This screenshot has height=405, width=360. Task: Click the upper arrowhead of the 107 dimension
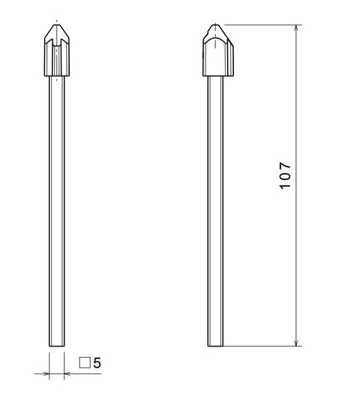tap(298, 29)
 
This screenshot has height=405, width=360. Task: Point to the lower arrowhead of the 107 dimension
tap(298, 341)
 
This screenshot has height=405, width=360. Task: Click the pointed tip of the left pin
tap(57, 23)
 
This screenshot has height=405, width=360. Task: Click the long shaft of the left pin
tap(57, 210)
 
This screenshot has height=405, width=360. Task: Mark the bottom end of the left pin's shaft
tap(57, 346)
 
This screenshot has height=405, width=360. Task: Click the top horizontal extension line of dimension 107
tap(262, 25)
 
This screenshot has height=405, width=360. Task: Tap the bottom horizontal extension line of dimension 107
tap(262, 346)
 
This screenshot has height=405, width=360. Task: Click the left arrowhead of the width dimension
tap(46, 371)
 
